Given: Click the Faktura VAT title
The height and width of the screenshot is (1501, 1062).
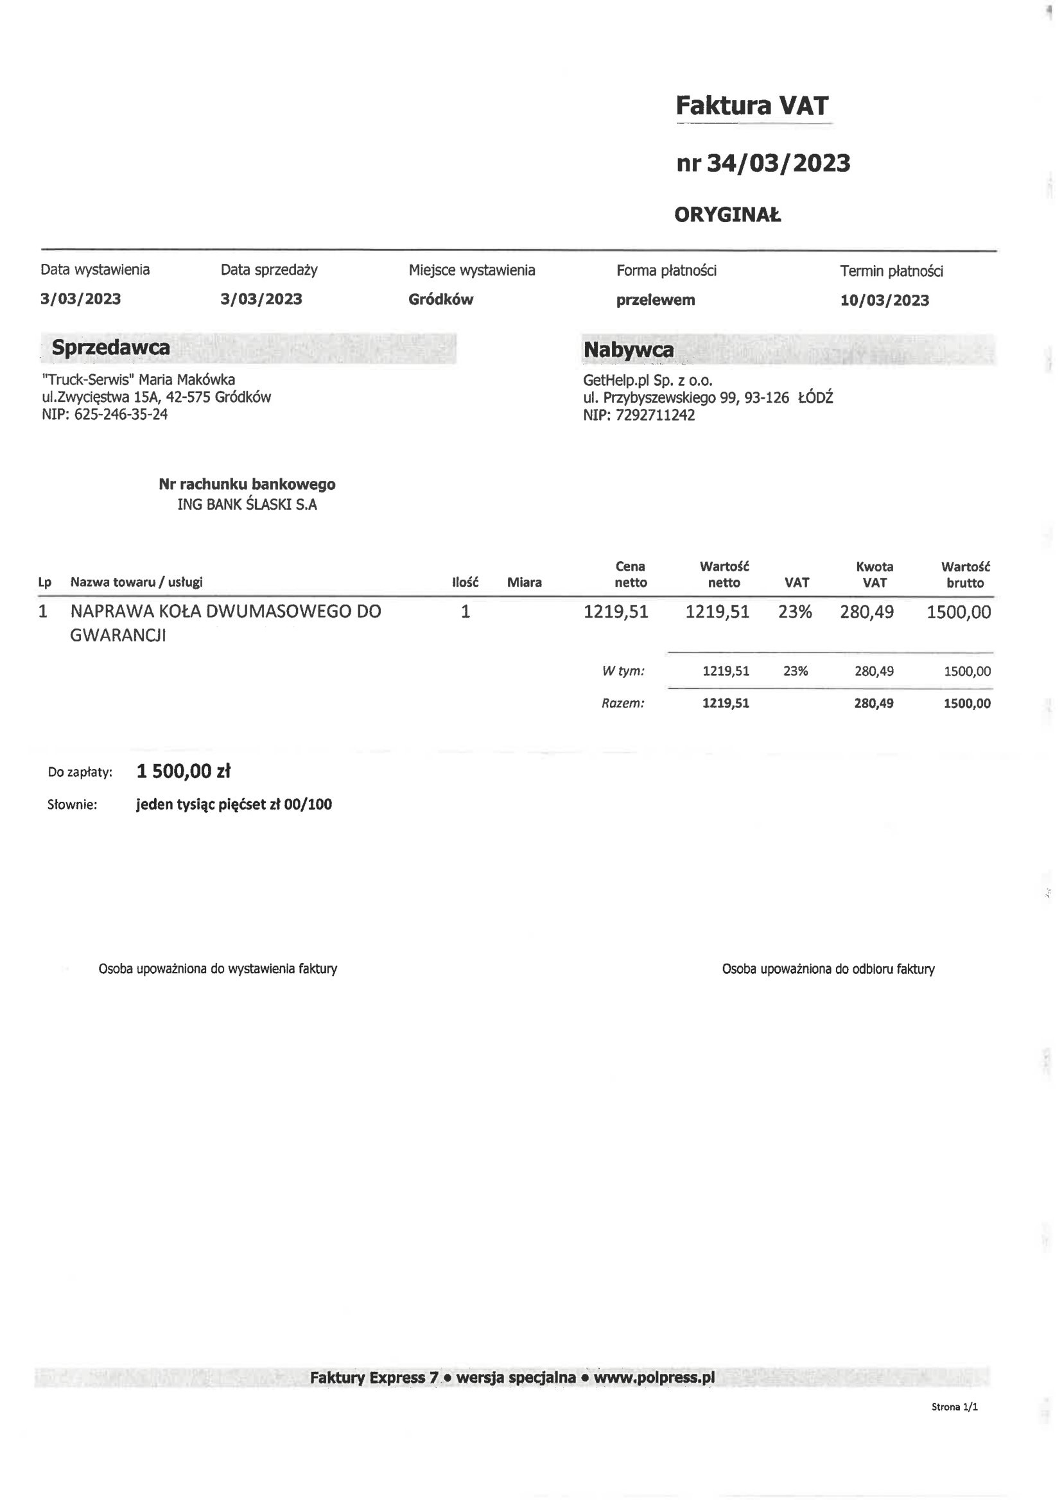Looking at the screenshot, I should (x=752, y=105).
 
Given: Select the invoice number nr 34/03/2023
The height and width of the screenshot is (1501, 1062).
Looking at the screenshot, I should (x=763, y=163).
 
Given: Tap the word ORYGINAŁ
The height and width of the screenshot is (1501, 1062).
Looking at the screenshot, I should (x=727, y=214).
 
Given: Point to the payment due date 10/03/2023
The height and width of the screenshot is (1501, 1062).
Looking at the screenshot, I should (x=884, y=300).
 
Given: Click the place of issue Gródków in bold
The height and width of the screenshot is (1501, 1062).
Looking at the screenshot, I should (x=440, y=299).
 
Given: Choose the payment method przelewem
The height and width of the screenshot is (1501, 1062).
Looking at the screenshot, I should (x=656, y=300).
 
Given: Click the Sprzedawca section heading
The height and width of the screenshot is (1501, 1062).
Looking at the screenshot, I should (x=110, y=347).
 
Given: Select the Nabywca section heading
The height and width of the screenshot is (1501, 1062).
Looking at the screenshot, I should (x=628, y=350).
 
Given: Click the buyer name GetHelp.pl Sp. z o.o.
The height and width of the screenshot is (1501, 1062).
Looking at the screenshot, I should (x=647, y=381).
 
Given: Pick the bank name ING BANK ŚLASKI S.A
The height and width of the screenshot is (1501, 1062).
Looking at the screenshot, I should (x=247, y=505).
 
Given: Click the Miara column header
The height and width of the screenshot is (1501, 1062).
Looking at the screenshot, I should (x=524, y=582).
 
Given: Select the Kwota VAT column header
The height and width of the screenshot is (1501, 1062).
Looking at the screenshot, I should (x=875, y=574).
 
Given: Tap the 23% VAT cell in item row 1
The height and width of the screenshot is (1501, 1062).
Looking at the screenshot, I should (x=794, y=612).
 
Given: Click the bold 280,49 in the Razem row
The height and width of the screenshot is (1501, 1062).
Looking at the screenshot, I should (x=874, y=704).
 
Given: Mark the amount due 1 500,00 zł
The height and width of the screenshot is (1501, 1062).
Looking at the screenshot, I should (x=183, y=772).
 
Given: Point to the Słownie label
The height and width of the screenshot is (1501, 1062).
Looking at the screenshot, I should (x=72, y=805).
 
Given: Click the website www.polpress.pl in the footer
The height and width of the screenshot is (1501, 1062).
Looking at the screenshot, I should (x=654, y=1378).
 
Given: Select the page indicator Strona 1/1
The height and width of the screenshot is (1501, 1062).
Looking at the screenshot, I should (x=954, y=1406).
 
